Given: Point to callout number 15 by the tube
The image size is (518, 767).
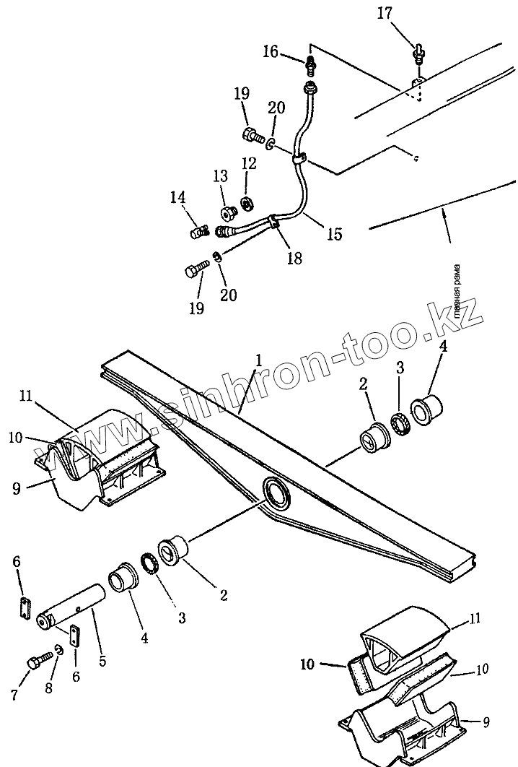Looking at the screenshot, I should point(333,235).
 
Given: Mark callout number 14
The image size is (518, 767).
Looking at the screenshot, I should point(177,196).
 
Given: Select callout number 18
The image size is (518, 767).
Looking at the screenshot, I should point(294,258).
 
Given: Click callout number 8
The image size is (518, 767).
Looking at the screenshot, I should point(49,689).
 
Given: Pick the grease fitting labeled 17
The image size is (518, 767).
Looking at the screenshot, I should point(418,50).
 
